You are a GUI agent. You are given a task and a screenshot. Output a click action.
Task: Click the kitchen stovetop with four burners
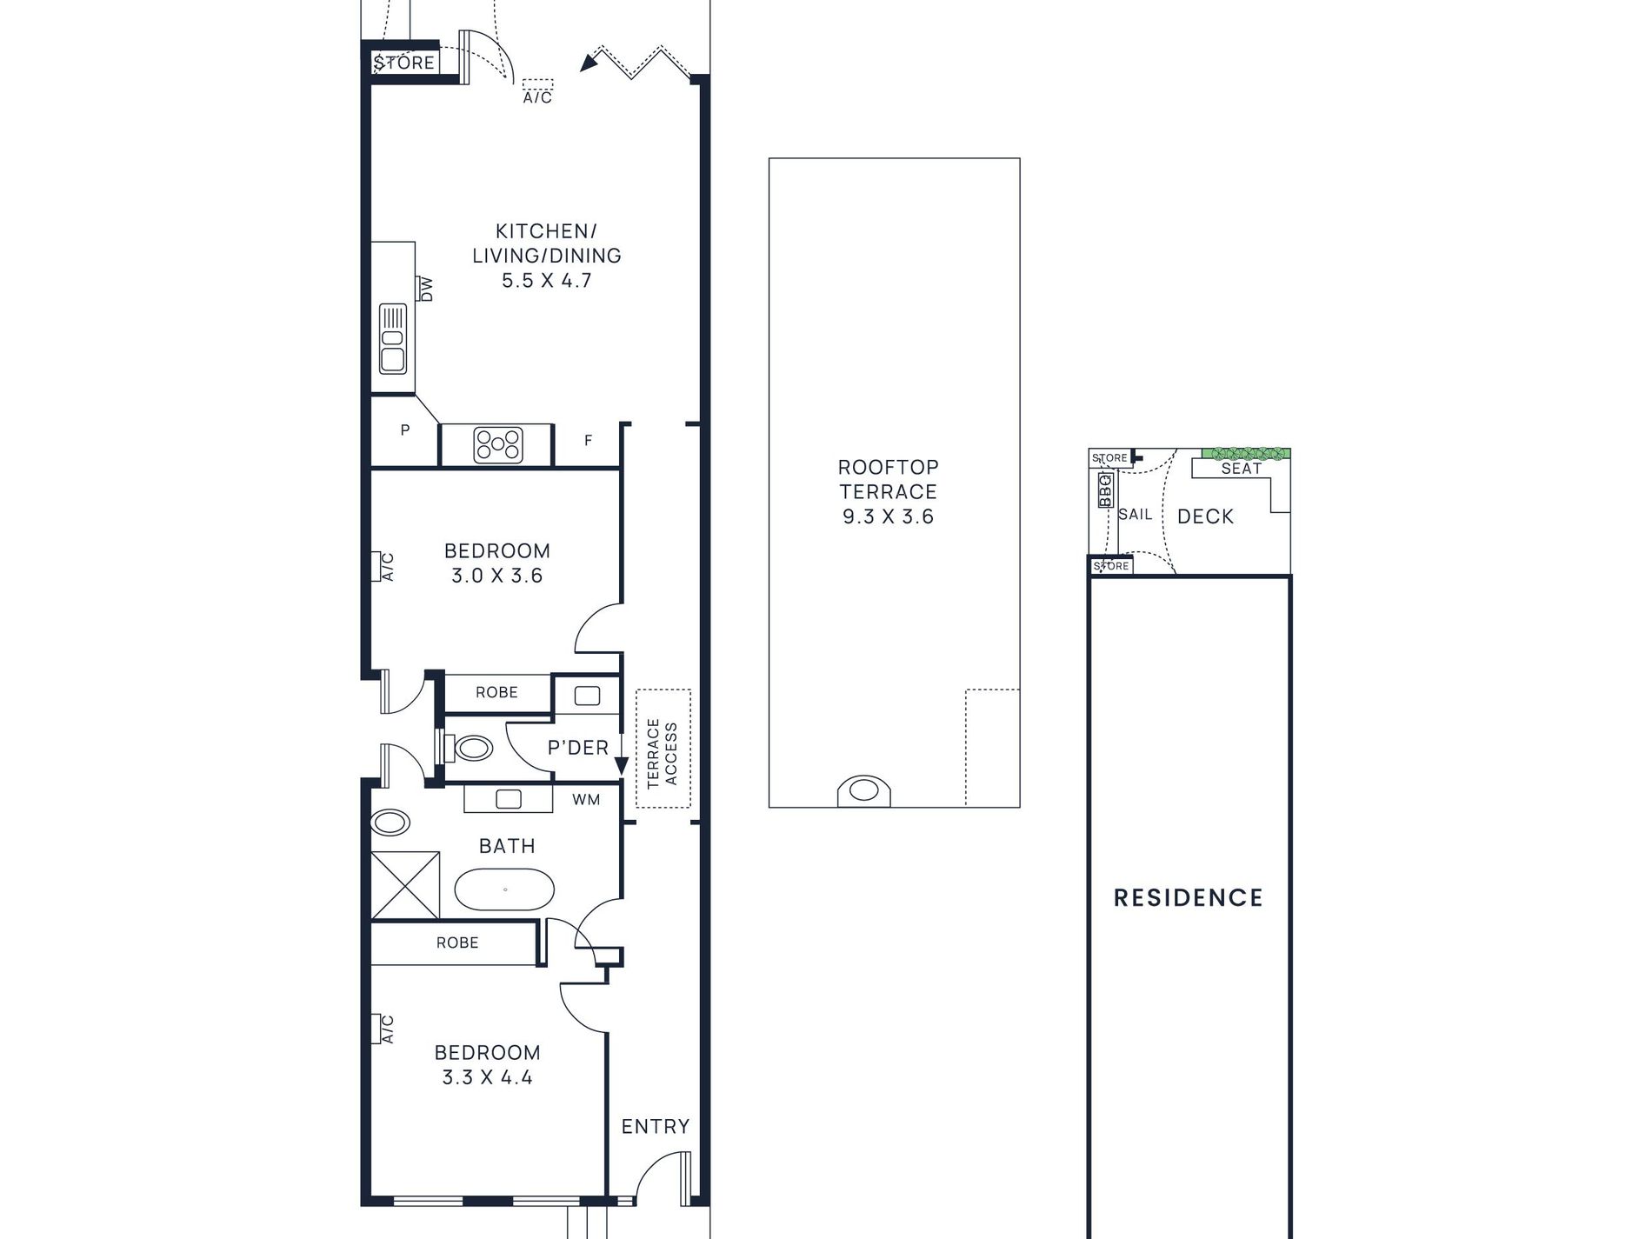point(498,445)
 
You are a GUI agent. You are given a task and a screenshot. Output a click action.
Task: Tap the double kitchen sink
point(393,338)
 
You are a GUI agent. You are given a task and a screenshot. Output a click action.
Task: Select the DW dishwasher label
point(426,289)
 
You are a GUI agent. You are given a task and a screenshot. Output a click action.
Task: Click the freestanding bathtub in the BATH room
point(504,889)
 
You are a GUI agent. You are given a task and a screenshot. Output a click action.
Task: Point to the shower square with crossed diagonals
point(405,885)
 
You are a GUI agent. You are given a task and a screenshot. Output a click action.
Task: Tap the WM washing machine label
point(586,800)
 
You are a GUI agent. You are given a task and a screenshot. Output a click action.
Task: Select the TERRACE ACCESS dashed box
point(663,749)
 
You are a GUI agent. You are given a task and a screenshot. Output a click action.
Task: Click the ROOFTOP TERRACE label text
point(888,479)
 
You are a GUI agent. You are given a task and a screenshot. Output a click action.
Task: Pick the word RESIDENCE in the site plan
point(1189,897)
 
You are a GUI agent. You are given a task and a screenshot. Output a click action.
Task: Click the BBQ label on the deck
point(1105,490)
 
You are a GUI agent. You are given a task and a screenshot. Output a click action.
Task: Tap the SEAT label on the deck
point(1242,469)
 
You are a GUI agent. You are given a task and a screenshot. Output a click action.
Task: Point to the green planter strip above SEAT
point(1247,454)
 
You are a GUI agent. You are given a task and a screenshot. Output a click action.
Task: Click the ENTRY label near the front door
point(656,1127)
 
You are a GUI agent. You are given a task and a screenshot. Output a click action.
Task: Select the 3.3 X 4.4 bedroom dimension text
point(487,1077)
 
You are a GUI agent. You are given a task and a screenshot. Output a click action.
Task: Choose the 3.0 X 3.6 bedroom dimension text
point(496,576)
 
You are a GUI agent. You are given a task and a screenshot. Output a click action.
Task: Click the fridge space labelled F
point(588,441)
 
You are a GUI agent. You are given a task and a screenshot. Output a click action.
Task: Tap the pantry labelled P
point(405,430)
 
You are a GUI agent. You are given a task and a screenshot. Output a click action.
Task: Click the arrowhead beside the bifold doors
point(591,60)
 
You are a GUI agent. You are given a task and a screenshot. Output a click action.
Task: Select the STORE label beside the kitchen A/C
point(404,63)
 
